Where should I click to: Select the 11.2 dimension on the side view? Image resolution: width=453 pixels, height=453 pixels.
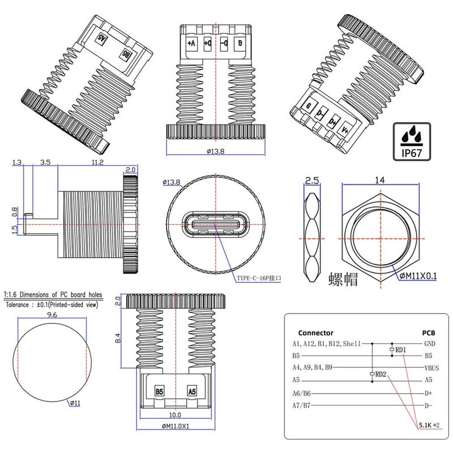coord(97,163)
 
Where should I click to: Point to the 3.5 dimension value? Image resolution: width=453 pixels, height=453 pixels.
coord(46,163)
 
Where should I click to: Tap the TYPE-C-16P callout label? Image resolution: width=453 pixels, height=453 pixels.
coord(258,279)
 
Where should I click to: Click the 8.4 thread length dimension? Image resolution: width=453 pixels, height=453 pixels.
coord(118,339)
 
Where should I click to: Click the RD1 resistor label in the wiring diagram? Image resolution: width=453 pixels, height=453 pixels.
coord(400,350)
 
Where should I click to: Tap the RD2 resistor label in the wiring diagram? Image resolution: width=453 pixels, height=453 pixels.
coord(381,374)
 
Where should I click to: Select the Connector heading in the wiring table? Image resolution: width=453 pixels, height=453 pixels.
coord(315,333)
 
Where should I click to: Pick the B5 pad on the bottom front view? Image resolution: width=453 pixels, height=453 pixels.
coord(159,391)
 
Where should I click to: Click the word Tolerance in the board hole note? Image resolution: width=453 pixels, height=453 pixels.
coord(22,304)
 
